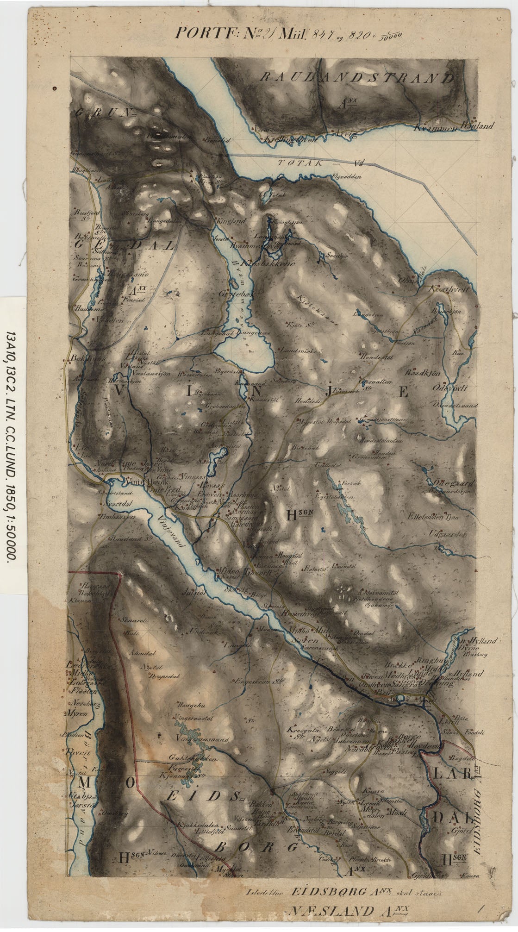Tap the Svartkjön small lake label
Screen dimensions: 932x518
pos(337,255)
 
